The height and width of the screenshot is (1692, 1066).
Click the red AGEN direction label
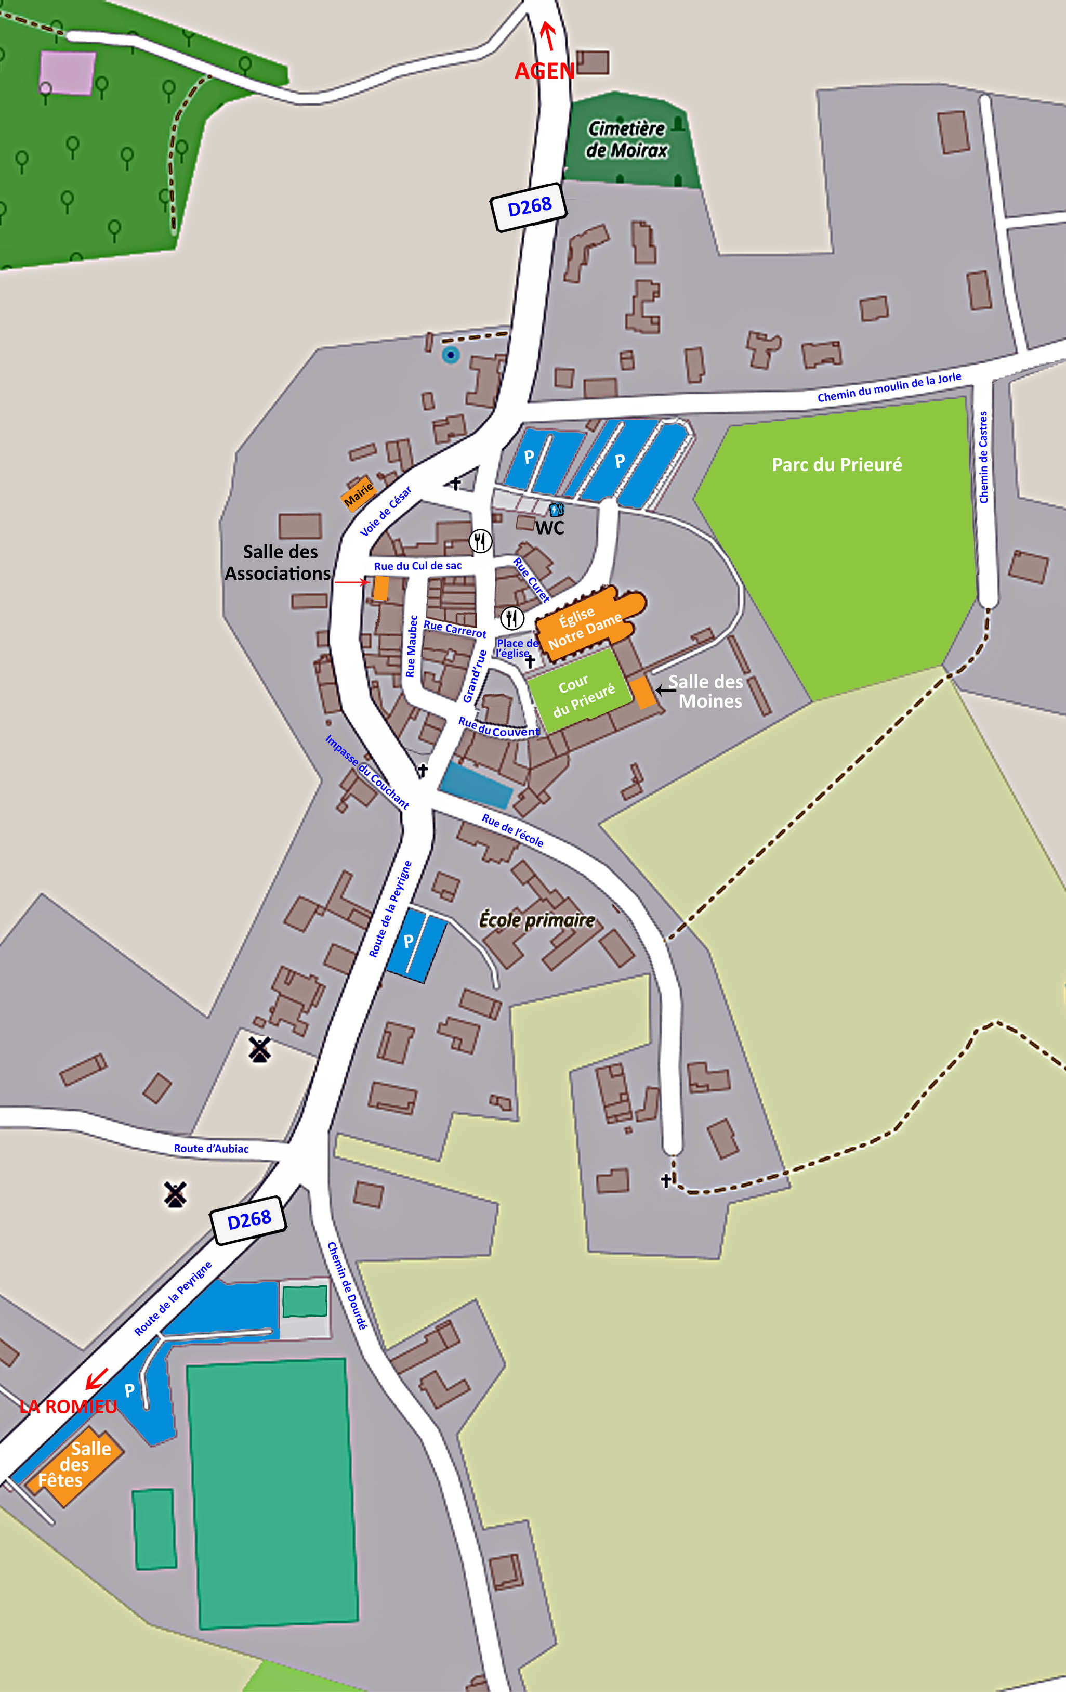point(544,71)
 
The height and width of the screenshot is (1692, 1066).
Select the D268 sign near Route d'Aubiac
point(248,1220)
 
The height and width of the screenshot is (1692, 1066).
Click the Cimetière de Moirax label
point(626,139)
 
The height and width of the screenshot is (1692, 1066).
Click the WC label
point(549,528)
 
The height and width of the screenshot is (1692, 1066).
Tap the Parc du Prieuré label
point(836,464)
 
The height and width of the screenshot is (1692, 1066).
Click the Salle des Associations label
point(278,562)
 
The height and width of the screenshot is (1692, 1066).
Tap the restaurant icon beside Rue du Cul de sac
point(480,540)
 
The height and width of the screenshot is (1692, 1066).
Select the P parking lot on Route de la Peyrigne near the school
point(416,944)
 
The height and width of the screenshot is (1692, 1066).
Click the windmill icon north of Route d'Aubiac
point(260,1050)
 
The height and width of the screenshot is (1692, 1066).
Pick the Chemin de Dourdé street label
point(347,1285)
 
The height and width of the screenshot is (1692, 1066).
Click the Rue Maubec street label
point(412,646)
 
